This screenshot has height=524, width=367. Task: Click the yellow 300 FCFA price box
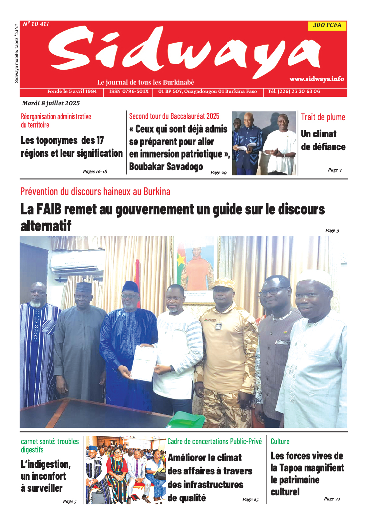pos(327,25)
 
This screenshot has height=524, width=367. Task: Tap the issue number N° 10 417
pos(36,24)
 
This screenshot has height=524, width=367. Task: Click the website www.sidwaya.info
pos(316,79)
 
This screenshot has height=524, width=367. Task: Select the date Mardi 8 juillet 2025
pos(51,103)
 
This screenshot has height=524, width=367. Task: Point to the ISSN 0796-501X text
pos(129,91)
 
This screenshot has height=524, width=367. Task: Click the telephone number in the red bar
pos(294,91)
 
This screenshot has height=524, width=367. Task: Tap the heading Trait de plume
pos(323,117)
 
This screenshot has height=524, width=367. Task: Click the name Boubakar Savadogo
pos(166,166)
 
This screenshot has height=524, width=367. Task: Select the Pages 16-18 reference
pos(95,171)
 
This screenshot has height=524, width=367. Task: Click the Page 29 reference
pos(218,172)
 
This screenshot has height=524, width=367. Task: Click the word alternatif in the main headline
pos(46,226)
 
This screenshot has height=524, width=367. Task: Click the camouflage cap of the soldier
pos(223,284)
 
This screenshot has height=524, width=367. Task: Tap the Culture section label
pos(280,441)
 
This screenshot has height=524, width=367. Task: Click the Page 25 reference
pos(250,499)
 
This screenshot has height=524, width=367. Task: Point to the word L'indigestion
pos(46,464)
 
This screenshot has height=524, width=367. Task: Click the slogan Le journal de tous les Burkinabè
pos(146,82)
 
